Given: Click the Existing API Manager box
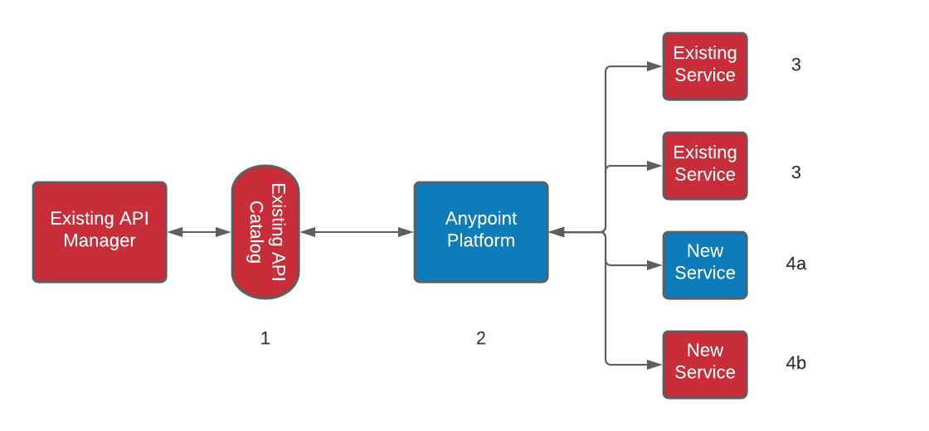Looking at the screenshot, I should [100, 232].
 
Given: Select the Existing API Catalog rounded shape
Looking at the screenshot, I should [265, 232].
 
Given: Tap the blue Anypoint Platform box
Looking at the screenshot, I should [481, 232].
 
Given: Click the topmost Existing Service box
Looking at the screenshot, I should [705, 66].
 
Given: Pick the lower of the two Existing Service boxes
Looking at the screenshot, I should [705, 166].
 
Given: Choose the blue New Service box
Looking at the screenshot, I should [705, 265].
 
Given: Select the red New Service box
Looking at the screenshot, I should [705, 365].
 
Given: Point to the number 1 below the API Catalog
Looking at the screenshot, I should [265, 338].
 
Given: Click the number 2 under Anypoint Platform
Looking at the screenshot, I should [481, 338].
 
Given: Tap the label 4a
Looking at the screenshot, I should [796, 264].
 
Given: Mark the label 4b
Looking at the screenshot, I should [796, 363].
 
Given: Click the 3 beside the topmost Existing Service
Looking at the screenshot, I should [796, 65].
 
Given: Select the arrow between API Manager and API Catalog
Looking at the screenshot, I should [199, 232].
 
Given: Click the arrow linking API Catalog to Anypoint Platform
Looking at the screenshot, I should [357, 232].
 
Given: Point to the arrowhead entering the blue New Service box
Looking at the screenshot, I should [655, 265].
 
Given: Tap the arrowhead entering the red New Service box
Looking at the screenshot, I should [655, 365].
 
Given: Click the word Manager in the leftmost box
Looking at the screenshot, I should [100, 241].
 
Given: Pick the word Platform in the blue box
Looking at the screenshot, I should [481, 241].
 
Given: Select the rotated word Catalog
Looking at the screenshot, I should [255, 232].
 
